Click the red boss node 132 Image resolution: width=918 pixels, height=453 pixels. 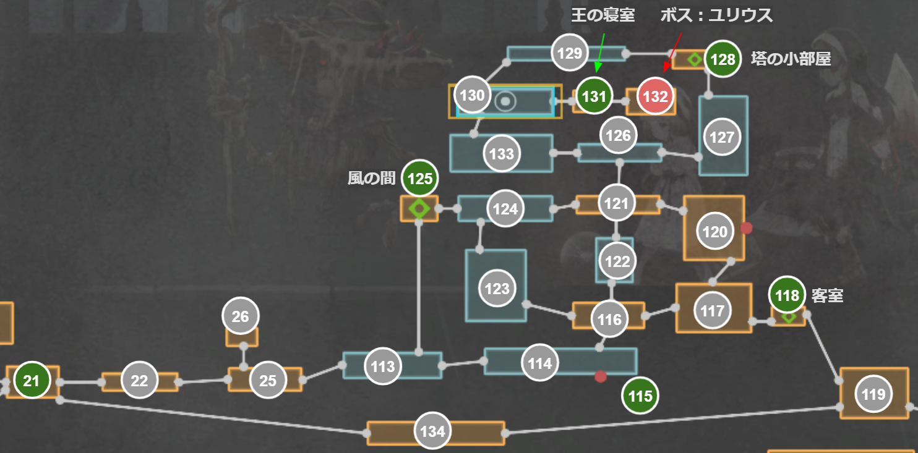pos(656,97)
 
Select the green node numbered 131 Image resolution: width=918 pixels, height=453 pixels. pos(594,96)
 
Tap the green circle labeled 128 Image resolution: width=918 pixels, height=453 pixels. pos(723,59)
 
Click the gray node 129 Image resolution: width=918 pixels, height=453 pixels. pos(569,53)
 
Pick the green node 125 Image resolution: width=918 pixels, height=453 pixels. pos(420,179)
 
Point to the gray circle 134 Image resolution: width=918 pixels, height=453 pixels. pos(432,431)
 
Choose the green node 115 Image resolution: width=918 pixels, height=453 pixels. pos(640,396)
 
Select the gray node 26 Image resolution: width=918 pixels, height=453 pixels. pos(240,317)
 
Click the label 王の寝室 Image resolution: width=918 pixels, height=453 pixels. pos(603,15)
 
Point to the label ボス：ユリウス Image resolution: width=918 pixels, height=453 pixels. pos(716,15)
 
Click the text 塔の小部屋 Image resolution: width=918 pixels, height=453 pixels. pos(791,59)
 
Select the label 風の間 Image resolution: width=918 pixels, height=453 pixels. pos(371,179)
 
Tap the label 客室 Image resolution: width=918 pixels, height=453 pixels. pos(827,296)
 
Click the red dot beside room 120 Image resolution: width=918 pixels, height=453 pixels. pos(746,228)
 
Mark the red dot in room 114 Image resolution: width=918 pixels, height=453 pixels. pos(600,376)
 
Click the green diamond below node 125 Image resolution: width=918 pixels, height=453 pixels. pos(419,208)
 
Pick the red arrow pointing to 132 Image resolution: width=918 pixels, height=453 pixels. pos(672,53)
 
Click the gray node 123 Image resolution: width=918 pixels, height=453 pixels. pos(497,289)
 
